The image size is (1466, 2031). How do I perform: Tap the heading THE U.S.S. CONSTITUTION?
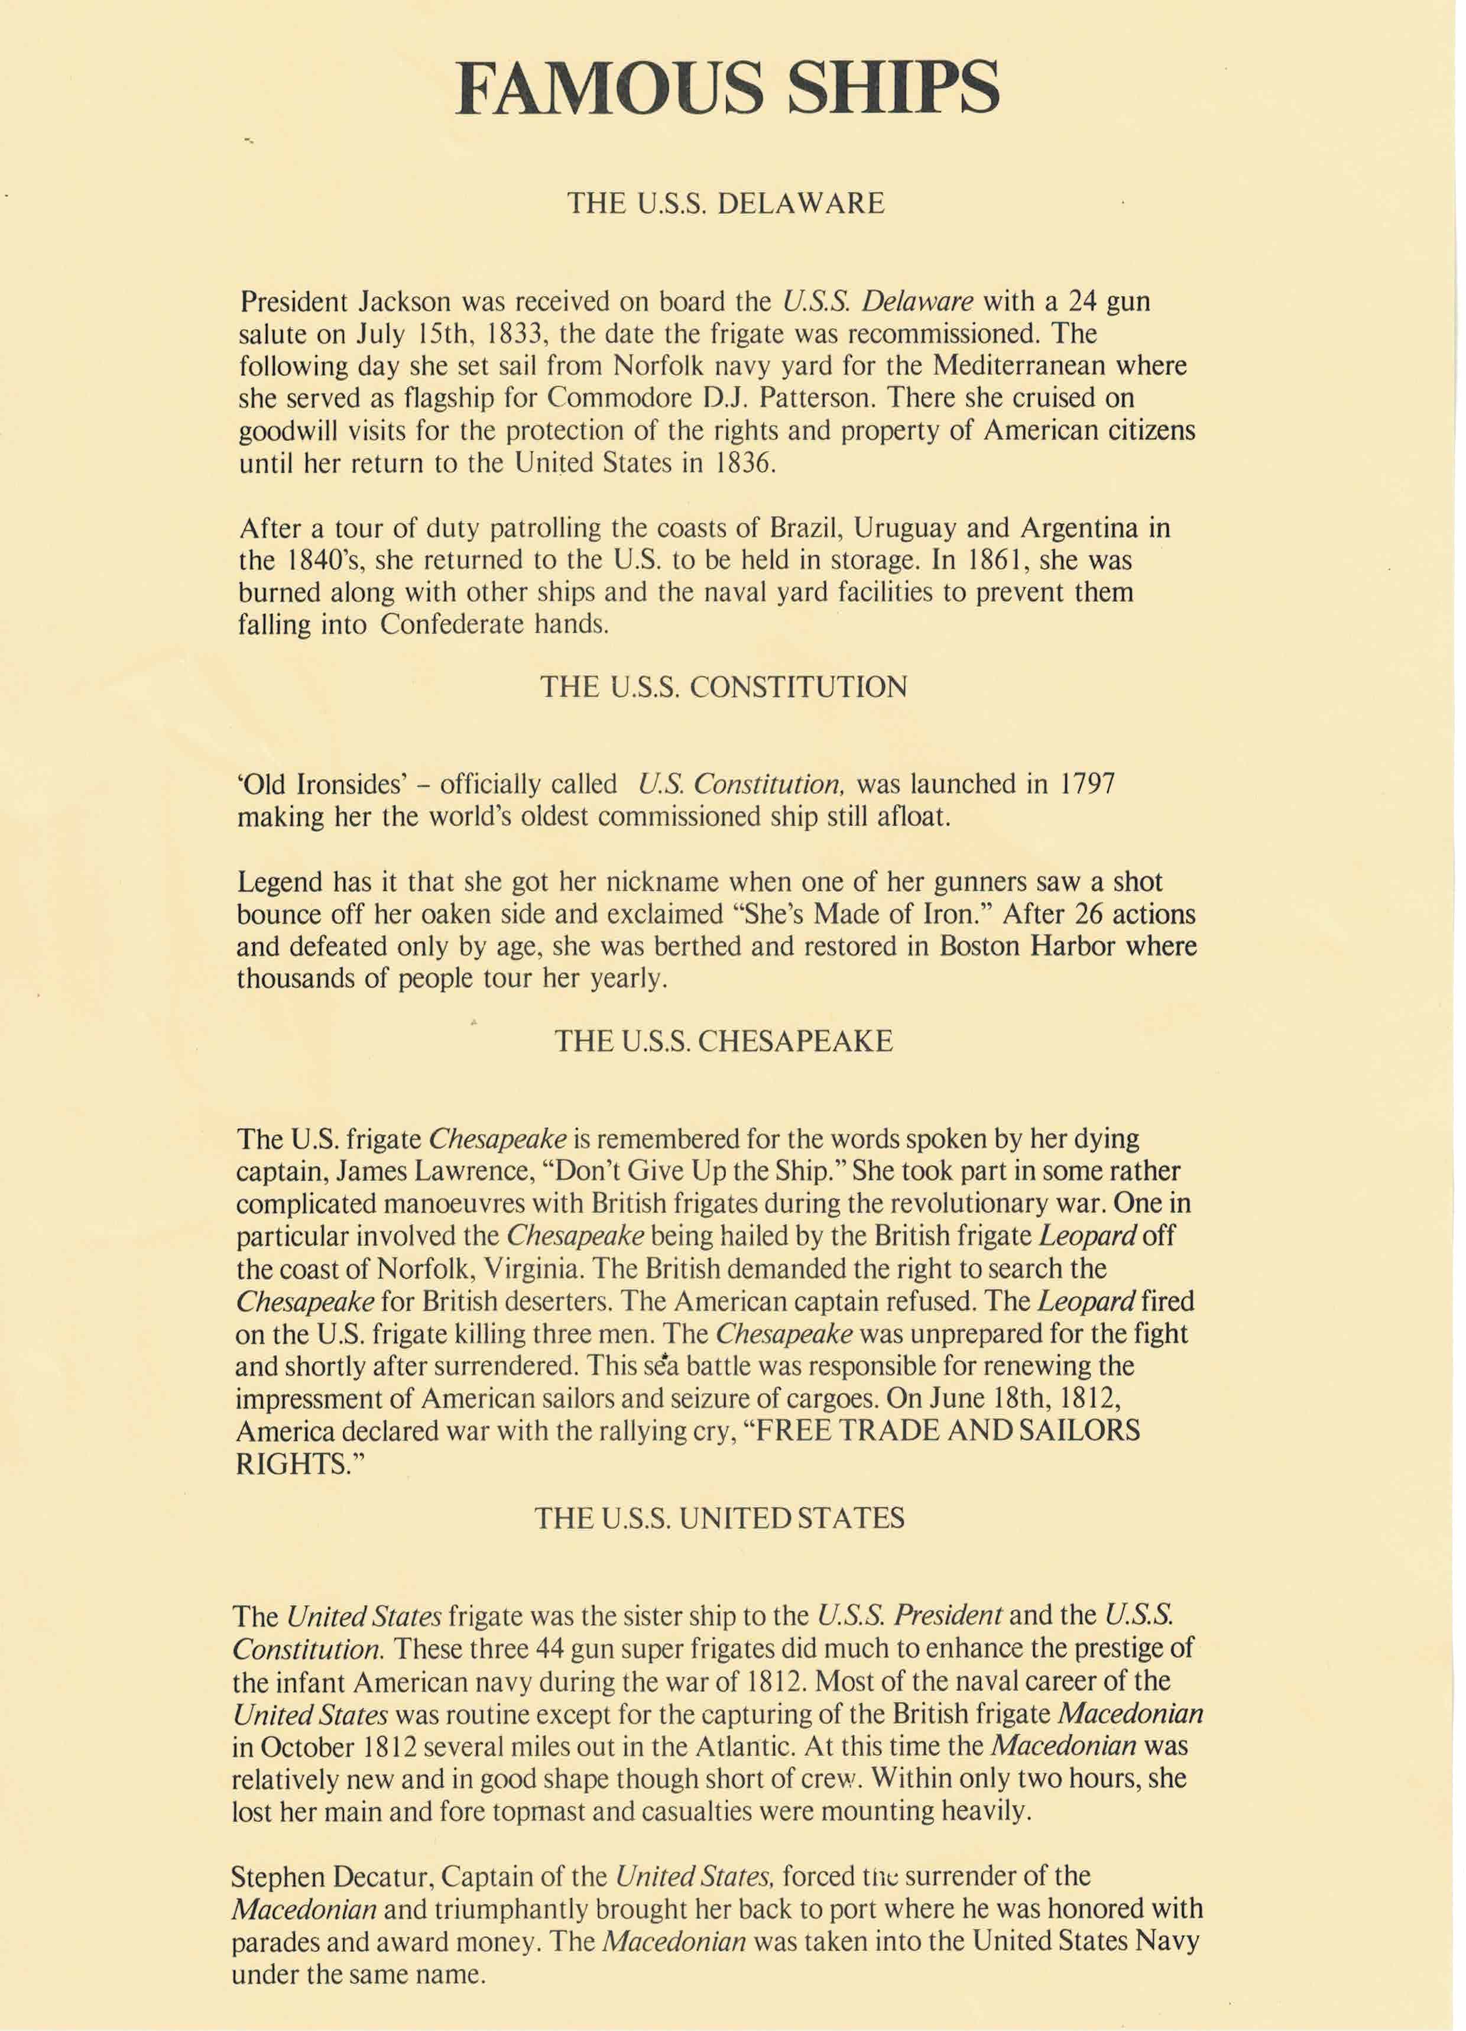[x=724, y=687]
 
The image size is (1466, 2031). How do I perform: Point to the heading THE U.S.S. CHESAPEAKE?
[x=724, y=1041]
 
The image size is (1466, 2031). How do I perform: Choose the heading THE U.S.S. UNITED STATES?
[x=719, y=1518]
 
